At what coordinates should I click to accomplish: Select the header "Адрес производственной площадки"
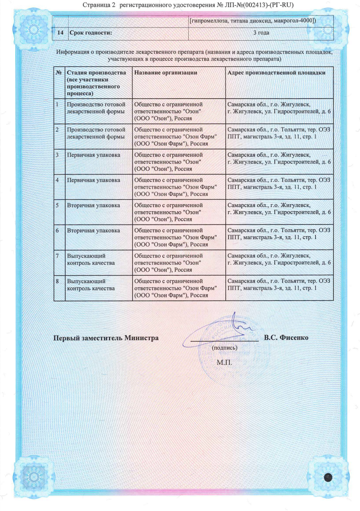276,72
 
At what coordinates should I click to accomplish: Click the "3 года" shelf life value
261,32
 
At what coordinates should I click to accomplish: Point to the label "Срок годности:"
91,32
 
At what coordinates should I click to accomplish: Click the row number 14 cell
60,32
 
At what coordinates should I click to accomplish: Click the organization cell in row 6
175,237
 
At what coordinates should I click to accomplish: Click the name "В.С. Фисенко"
286,337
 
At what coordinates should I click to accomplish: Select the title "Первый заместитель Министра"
106,338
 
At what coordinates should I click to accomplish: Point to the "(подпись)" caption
224,348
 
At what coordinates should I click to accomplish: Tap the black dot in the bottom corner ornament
328,477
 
